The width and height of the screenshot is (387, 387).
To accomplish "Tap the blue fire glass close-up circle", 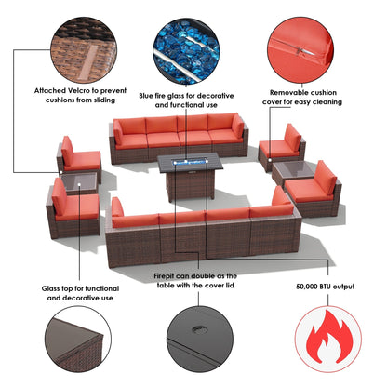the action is (186, 51).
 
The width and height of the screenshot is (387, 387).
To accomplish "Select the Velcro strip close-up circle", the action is (84, 50).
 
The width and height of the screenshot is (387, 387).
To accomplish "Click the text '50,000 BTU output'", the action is (325, 287).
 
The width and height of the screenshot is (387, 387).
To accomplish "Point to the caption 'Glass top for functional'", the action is (80, 288).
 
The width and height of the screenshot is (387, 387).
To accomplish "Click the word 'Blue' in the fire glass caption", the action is (146, 96).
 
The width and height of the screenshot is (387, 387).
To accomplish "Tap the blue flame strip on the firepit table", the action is (190, 162).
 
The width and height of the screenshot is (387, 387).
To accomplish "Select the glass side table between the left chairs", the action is (79, 183).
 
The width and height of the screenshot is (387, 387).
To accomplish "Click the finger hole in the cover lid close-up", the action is (197, 329).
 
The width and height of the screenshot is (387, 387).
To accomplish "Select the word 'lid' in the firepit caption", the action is (229, 286).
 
